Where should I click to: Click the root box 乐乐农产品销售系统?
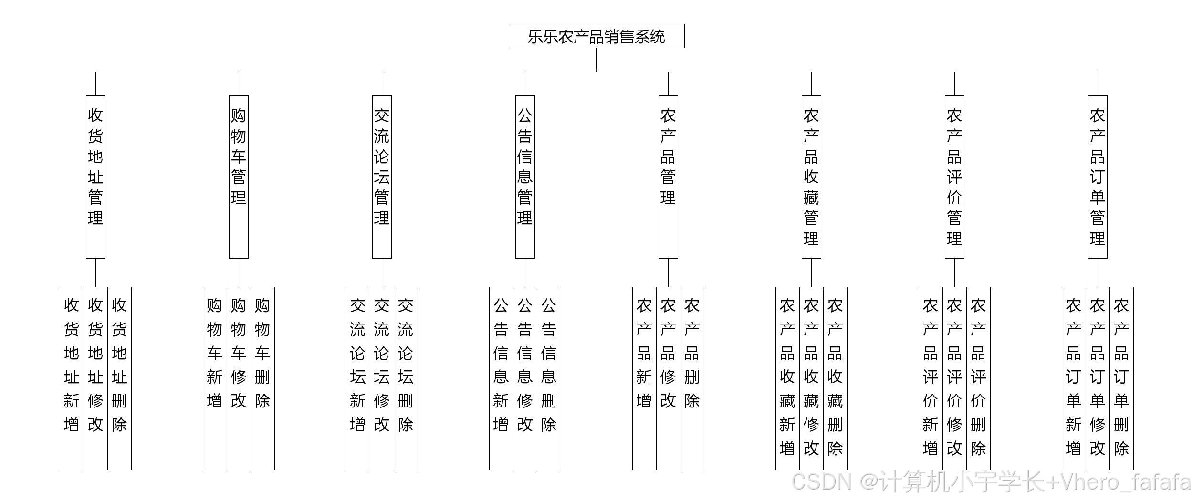point(596,36)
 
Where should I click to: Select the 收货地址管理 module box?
point(95,177)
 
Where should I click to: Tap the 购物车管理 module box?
point(239,177)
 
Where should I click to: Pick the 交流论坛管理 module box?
point(382,177)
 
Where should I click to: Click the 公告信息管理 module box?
point(525,177)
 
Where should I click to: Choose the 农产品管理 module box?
point(668,177)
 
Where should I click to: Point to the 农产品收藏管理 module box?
point(811,177)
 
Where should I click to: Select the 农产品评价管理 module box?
point(954,177)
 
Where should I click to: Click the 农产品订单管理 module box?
point(1098,177)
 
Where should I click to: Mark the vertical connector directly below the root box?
point(596,60)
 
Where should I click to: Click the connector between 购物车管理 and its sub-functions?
point(239,272)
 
